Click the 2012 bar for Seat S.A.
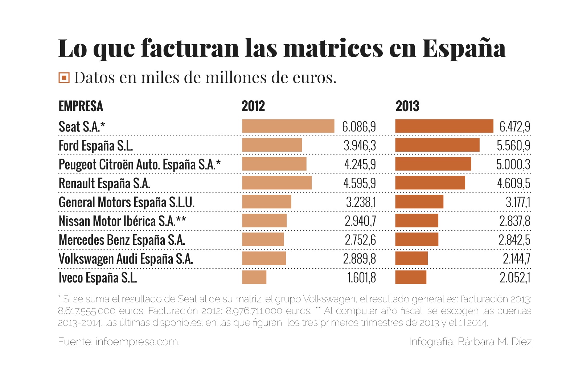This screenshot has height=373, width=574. click(x=288, y=126)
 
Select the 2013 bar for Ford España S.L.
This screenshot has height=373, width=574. click(x=437, y=145)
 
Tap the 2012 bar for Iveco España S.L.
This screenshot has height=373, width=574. click(x=254, y=277)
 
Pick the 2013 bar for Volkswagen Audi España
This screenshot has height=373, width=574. click(x=411, y=258)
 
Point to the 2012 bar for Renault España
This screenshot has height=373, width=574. click(x=276, y=183)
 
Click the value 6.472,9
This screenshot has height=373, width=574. click(x=514, y=127)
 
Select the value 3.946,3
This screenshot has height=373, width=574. click(x=360, y=146)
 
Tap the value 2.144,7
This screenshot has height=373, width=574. click(x=516, y=259)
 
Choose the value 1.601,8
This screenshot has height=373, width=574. click(x=361, y=278)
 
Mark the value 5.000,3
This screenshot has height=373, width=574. click(x=513, y=164)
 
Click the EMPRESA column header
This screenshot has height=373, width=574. click(x=81, y=106)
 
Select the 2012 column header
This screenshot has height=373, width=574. click(x=253, y=106)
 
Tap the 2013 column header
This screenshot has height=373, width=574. click(x=407, y=106)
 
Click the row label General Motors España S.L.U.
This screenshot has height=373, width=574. click(x=126, y=202)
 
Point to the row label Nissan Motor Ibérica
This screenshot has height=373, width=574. click(x=122, y=221)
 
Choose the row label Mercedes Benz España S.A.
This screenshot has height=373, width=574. click(x=122, y=240)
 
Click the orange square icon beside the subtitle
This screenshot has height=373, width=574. click(x=64, y=77)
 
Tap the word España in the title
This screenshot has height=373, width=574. click(x=464, y=48)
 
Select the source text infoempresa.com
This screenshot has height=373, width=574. click(x=137, y=341)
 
